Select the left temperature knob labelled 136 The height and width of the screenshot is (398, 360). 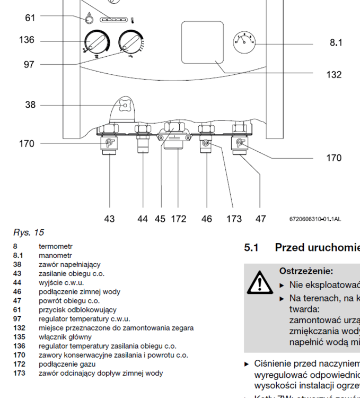[96, 43]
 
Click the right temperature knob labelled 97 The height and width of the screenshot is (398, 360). [130, 42]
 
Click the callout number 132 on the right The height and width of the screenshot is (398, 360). [334, 75]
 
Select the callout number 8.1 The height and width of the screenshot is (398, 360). [336, 42]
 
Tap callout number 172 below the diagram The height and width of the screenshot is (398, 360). [179, 219]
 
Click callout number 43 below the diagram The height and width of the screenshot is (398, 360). [109, 219]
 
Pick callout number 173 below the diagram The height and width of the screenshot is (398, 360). [234, 219]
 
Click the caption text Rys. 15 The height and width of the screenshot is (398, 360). [29, 232]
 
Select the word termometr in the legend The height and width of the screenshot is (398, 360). [55, 247]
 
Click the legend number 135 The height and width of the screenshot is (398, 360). [19, 337]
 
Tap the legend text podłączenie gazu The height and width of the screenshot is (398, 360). [67, 364]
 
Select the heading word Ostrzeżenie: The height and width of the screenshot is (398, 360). [306, 271]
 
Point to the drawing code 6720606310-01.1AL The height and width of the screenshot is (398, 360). [315, 219]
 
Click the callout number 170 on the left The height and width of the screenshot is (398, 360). [27, 143]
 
